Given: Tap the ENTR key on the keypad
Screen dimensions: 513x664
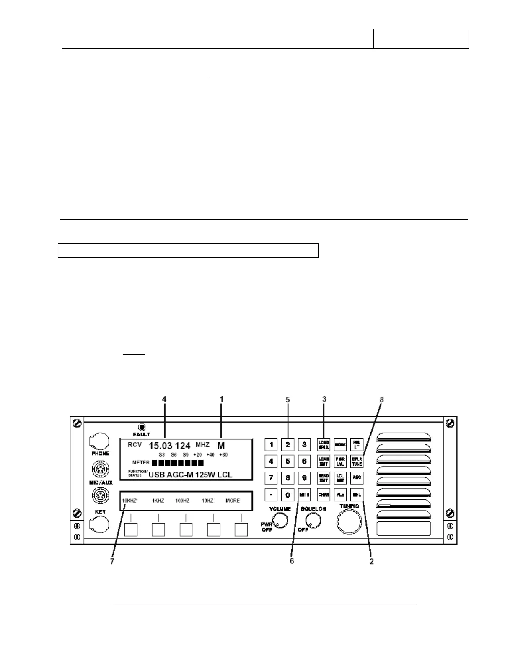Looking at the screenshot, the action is pos(304,495).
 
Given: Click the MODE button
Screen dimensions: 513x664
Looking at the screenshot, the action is pos(340,445).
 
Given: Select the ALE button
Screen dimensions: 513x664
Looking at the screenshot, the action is pos(340,495).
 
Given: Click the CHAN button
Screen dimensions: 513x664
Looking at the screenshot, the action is pos(324,495).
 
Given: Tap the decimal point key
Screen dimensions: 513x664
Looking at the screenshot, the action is pos(271,495).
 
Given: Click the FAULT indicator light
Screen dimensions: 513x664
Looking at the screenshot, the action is pos(142,427).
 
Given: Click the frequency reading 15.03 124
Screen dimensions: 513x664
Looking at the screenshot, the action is pos(169,446).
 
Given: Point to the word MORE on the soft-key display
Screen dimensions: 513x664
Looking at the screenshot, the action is pos(233,501).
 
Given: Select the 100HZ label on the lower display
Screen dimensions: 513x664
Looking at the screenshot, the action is pos(182,501).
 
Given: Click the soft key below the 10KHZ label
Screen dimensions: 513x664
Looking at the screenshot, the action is pos(131,529).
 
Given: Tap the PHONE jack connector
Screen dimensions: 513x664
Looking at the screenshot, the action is pos(100,441).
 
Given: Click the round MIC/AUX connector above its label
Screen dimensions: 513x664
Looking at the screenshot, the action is pos(101,468).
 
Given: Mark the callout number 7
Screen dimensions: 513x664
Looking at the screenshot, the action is pos(112,561).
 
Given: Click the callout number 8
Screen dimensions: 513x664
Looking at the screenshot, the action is pos(381,400).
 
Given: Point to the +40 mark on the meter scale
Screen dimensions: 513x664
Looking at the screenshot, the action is pos(210,455).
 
